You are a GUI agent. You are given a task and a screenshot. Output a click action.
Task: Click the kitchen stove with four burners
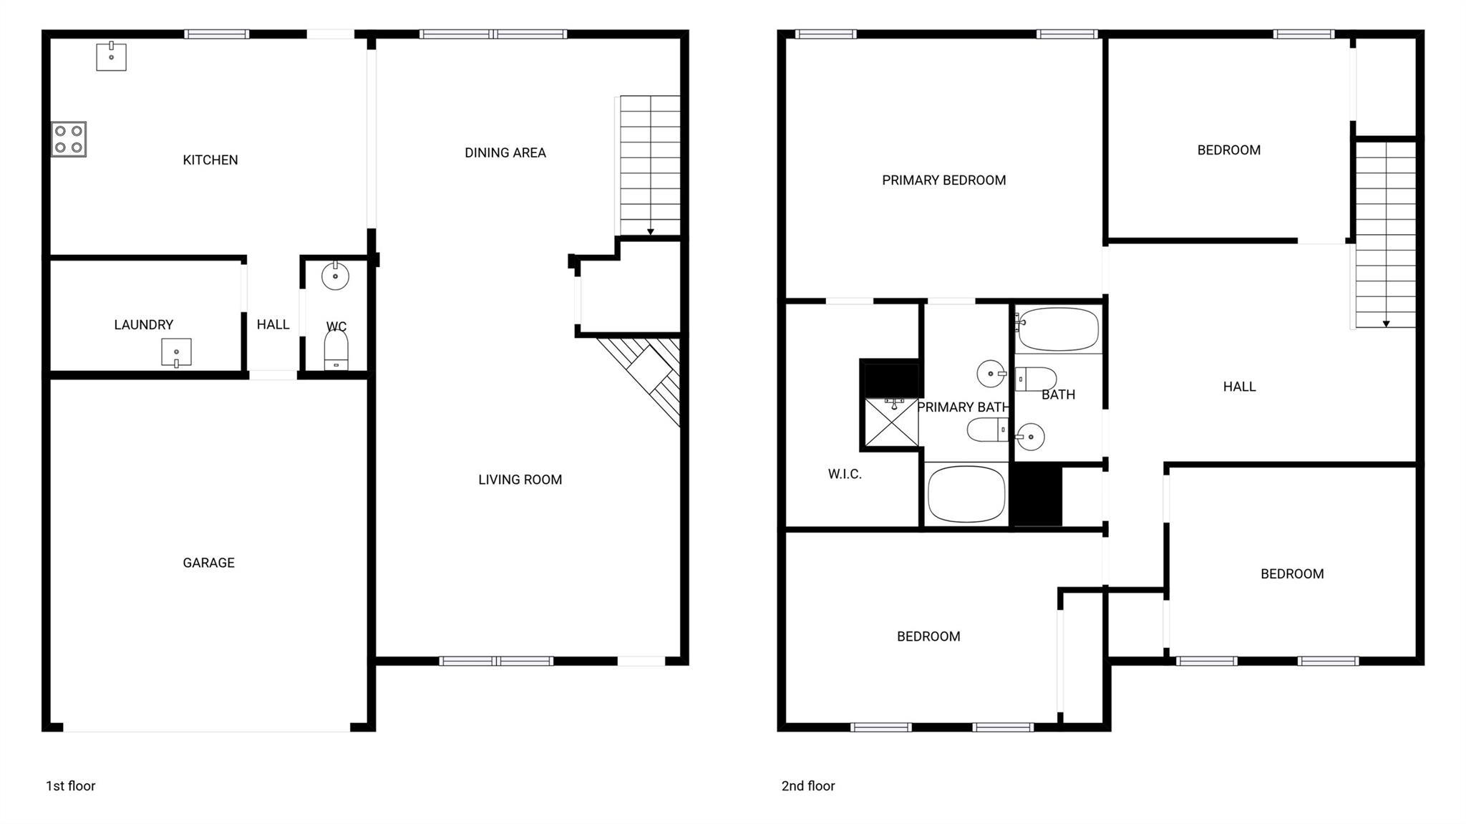tap(69, 139)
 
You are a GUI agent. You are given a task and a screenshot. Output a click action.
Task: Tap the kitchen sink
tap(111, 57)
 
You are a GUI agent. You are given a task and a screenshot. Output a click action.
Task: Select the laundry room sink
tap(176, 352)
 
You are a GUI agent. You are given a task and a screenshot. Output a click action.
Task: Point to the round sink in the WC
tap(335, 276)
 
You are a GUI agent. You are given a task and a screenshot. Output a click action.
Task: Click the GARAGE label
tap(208, 563)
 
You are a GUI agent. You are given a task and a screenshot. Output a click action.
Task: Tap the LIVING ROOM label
tap(520, 480)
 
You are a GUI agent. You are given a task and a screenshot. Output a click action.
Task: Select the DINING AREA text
tap(505, 152)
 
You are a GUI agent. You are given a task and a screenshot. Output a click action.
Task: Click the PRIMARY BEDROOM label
tap(943, 180)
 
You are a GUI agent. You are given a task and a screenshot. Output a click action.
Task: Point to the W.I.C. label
tap(845, 474)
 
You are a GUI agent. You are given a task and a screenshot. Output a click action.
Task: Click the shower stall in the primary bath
tap(891, 423)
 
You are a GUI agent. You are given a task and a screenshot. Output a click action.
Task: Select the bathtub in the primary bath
tap(966, 494)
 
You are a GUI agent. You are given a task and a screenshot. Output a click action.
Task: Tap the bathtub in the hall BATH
tap(1058, 329)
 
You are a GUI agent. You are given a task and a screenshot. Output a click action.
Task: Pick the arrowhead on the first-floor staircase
tap(650, 231)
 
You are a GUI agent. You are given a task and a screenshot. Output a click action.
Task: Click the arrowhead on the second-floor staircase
tap(1386, 324)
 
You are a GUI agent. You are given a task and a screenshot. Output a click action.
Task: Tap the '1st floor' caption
tap(70, 786)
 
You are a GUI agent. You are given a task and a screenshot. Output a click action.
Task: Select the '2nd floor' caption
tap(807, 786)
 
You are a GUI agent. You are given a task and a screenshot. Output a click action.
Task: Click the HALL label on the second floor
tap(1239, 387)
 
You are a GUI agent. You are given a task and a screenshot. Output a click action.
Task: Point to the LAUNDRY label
tap(143, 325)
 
